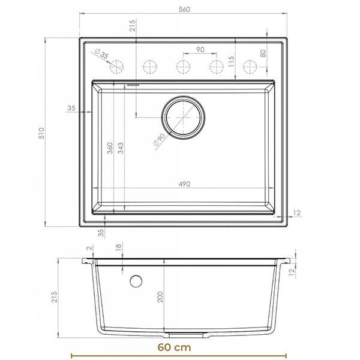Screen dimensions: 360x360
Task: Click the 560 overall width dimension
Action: coord(184,10)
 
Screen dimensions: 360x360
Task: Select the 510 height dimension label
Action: coord(41,133)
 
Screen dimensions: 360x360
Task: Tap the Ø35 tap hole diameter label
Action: coord(101,53)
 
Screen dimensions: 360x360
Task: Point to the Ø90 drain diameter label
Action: coord(159,139)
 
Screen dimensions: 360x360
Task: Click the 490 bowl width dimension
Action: coord(184,184)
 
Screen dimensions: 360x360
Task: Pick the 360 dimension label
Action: coord(110,148)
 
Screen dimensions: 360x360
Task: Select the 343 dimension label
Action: coord(121,148)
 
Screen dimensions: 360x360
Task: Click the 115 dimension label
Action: coord(232,61)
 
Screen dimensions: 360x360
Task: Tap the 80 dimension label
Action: coord(263,53)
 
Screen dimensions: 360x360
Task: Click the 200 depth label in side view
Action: coord(160,297)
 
